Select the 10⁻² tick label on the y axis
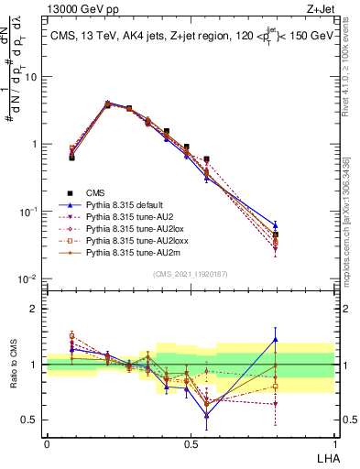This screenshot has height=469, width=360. (x=29, y=278)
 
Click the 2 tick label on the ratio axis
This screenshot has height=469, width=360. (x=36, y=309)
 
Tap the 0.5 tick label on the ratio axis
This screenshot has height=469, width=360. (x=31, y=420)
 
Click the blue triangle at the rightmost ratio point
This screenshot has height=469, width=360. (x=276, y=340)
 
